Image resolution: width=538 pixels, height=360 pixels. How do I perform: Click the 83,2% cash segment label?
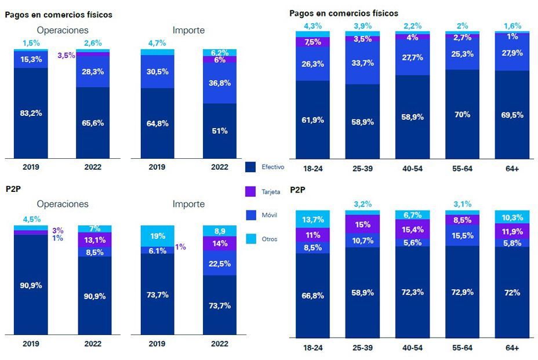(31, 113)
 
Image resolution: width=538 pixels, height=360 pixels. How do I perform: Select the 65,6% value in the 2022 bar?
(93, 123)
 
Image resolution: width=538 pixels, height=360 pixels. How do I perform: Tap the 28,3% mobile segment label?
(93, 71)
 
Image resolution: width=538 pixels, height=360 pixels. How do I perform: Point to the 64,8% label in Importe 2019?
(157, 123)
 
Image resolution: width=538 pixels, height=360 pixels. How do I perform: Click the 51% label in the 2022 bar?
(220, 131)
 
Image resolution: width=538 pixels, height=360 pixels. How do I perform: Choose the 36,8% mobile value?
(220, 83)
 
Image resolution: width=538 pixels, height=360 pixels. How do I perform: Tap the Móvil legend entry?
(269, 214)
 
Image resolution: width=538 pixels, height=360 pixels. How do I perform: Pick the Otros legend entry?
(269, 239)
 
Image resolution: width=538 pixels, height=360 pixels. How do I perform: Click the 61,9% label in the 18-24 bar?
(312, 120)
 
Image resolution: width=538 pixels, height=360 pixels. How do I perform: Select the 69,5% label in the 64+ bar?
(511, 115)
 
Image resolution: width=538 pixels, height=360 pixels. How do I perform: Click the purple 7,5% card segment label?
(312, 42)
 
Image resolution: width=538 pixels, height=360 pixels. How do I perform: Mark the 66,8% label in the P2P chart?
(312, 296)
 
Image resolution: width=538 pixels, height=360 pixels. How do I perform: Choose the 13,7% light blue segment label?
(312, 219)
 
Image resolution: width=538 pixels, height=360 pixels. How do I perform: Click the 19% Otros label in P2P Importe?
(157, 236)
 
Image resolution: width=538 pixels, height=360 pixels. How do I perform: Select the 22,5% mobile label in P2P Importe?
(220, 263)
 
